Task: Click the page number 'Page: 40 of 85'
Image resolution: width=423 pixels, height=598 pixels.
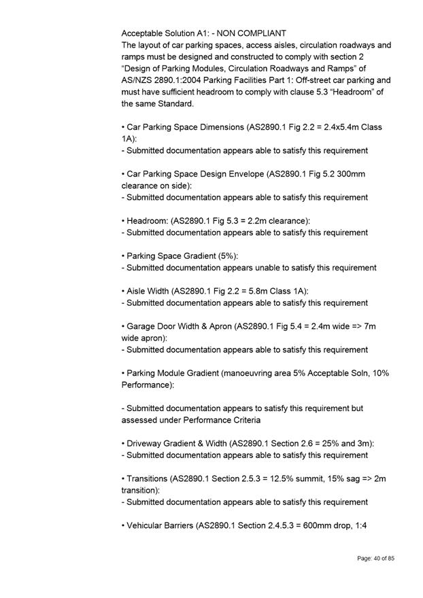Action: point(375,558)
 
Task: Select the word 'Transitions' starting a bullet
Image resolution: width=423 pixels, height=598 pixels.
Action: point(149,478)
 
